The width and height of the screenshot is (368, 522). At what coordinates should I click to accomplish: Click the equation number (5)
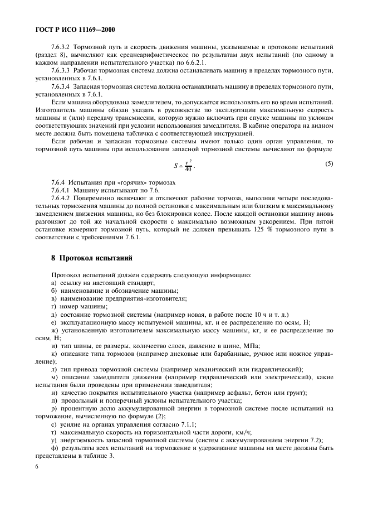pyautogui.click(x=329, y=164)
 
